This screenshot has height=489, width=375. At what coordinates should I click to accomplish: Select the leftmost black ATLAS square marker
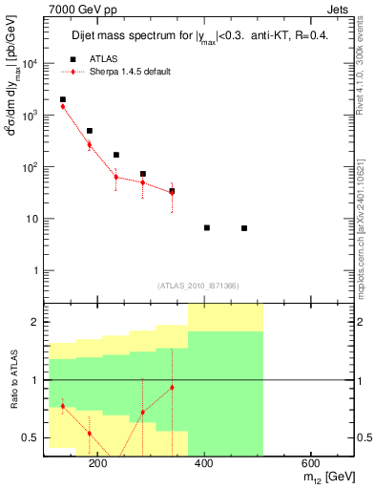(x=63, y=99)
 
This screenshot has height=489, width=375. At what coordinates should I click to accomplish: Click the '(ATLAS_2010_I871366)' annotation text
(x=198, y=286)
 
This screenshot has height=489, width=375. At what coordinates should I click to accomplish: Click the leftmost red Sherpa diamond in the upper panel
(x=63, y=106)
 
